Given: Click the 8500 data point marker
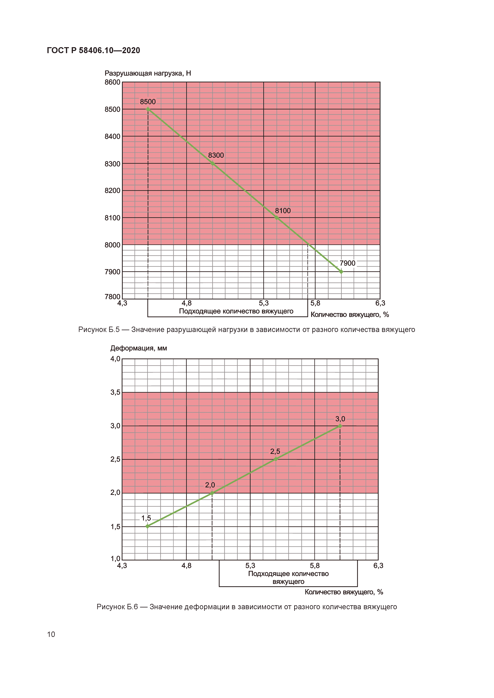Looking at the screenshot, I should click(148, 109).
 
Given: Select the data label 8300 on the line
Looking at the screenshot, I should click(216, 155).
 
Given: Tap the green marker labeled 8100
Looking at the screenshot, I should click(276, 217).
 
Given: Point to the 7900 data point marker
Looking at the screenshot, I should click(341, 272).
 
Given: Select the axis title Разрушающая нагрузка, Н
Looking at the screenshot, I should click(148, 73).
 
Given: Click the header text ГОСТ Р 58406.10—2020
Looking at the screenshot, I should click(93, 51).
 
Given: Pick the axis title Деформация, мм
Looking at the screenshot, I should click(138, 348).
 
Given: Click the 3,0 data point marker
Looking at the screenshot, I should click(340, 426).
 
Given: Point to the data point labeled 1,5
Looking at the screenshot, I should click(148, 526).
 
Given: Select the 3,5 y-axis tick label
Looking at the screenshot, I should click(115, 392).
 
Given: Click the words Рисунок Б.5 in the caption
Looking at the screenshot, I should click(99, 330).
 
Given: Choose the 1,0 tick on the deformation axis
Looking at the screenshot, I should click(115, 558).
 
